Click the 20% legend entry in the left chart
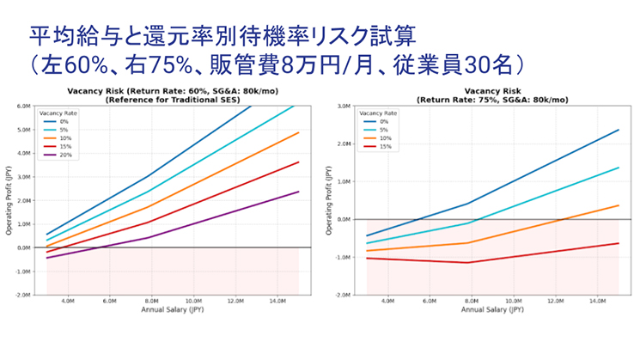[x=64, y=155]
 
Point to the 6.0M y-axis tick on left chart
[x=23, y=107]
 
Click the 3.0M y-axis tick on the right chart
[x=343, y=107]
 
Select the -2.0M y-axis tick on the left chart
[x=22, y=295]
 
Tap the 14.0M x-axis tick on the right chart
[x=597, y=302]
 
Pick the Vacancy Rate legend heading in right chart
[x=378, y=113]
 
